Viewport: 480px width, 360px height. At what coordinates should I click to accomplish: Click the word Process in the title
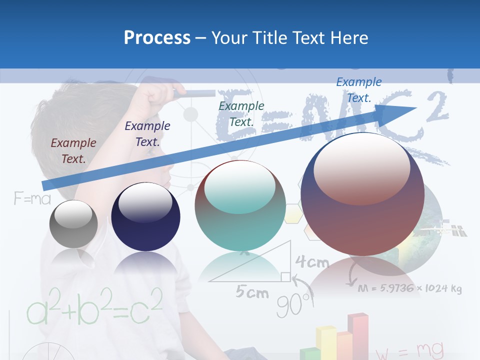pyautogui.click(x=157, y=37)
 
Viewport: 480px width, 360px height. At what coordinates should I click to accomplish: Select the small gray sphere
pyautogui.click(x=73, y=223)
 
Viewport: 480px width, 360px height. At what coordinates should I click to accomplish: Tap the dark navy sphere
pyautogui.click(x=145, y=216)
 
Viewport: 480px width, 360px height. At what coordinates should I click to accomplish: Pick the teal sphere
pyautogui.click(x=240, y=206)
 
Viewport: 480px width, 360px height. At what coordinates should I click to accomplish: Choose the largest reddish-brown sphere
pyautogui.click(x=362, y=194)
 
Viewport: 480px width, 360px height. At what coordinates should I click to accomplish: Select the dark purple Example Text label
pyautogui.click(x=147, y=134)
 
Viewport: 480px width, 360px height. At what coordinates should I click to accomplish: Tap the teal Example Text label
pyautogui.click(x=241, y=114)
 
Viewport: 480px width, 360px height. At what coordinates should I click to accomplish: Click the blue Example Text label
pyautogui.click(x=359, y=90)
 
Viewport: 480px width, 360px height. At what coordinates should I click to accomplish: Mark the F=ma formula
pyautogui.click(x=32, y=199)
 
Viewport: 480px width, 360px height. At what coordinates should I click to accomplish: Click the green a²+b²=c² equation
pyautogui.click(x=94, y=305)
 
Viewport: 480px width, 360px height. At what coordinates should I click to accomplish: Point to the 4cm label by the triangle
pyautogui.click(x=312, y=261)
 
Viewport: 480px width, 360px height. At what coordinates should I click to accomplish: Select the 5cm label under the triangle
pyautogui.click(x=252, y=292)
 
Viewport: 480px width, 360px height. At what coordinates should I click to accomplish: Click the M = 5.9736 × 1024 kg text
pyautogui.click(x=409, y=289)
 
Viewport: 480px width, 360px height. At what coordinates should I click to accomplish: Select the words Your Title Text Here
pyautogui.click(x=290, y=37)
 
